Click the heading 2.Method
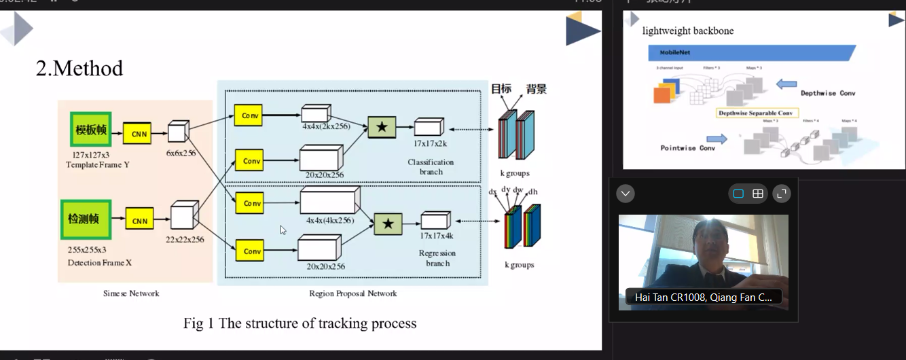click(79, 69)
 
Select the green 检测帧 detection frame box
click(84, 219)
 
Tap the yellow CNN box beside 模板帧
click(137, 133)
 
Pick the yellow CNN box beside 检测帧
click(139, 220)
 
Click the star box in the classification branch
click(382, 127)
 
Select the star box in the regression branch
click(388, 223)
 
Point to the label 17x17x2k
click(430, 143)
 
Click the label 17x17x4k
click(436, 236)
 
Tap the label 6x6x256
click(180, 153)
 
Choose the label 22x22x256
click(185, 239)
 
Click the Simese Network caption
click(131, 293)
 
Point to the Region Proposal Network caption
click(352, 293)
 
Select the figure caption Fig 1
click(300, 323)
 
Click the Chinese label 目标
click(501, 89)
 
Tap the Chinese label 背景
click(536, 89)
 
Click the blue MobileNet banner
click(750, 52)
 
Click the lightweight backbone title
click(688, 31)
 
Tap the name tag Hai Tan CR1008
click(703, 297)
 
